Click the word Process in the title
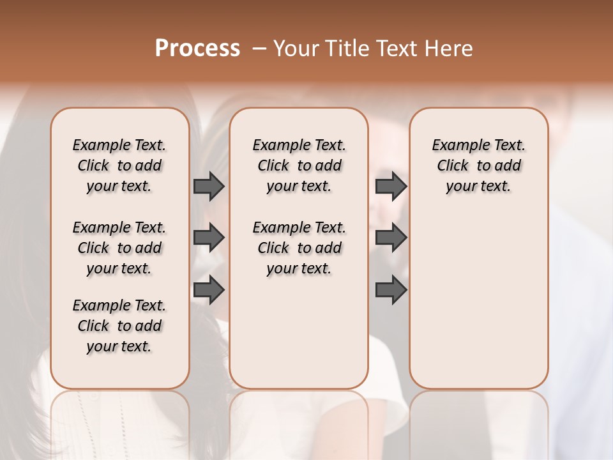(197, 49)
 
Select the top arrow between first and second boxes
(209, 186)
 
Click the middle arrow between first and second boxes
(209, 238)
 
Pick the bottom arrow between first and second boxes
(209, 290)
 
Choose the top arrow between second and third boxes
(391, 186)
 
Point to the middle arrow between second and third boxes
(391, 238)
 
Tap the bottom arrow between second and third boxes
(391, 290)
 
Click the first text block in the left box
(119, 165)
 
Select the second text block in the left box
(119, 248)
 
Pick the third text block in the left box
(119, 326)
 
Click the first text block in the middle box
(299, 165)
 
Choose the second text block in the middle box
(299, 248)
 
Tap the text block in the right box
(479, 165)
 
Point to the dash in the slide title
(259, 49)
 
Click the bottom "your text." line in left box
(119, 346)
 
